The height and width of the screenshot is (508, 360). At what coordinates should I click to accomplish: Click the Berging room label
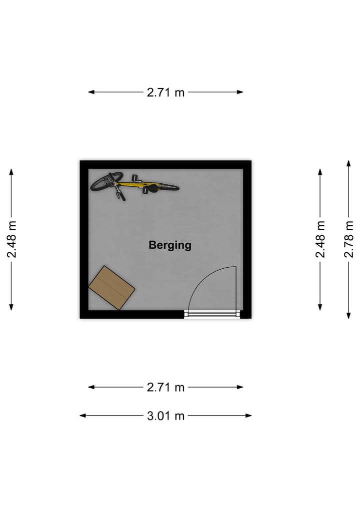(x=170, y=245)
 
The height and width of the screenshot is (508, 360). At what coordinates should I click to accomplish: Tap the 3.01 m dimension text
(x=165, y=416)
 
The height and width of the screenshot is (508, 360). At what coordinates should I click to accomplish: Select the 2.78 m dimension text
(x=348, y=239)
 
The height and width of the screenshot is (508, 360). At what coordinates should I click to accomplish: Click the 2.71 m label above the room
(x=165, y=92)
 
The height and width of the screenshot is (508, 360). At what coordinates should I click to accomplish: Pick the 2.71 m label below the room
(x=165, y=387)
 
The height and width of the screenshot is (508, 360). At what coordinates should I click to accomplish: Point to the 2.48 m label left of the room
(x=11, y=239)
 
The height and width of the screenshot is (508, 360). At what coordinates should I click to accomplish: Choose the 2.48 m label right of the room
(x=320, y=239)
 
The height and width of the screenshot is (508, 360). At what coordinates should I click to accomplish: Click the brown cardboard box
(x=112, y=288)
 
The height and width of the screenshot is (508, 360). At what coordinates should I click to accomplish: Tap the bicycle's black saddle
(x=152, y=188)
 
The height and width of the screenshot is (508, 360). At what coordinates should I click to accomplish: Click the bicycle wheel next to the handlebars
(x=106, y=182)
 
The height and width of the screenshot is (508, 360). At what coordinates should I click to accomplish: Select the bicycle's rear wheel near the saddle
(x=168, y=187)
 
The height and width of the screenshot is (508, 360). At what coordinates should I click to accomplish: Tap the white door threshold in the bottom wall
(x=212, y=314)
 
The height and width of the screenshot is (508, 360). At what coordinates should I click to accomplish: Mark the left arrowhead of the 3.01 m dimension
(x=82, y=416)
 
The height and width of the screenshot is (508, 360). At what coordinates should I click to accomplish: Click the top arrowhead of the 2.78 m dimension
(x=348, y=163)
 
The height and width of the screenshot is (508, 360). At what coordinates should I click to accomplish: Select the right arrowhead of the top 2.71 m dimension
(x=240, y=92)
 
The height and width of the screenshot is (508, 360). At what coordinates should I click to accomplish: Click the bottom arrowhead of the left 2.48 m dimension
(x=11, y=307)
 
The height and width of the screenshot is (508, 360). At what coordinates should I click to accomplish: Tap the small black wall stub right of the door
(x=245, y=314)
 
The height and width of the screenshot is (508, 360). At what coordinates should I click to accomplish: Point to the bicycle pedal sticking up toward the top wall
(x=136, y=178)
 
